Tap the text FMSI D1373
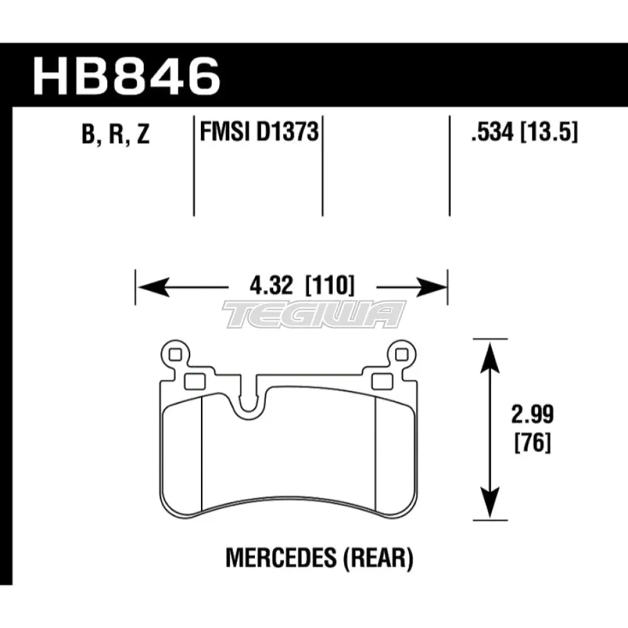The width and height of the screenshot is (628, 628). point(257,133)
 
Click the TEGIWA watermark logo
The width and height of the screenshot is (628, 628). point(314,313)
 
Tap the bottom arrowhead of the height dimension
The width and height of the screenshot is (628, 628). point(490,511)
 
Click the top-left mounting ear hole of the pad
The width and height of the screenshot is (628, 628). point(175,355)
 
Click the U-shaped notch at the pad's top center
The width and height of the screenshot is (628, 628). point(250,402)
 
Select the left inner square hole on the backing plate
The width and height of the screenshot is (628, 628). point(193,381)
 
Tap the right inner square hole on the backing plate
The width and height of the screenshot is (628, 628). point(381,381)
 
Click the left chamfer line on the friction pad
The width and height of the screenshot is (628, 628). point(200,458)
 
